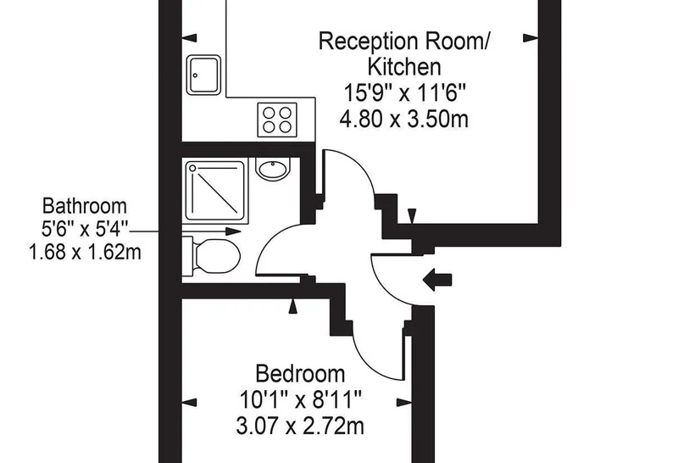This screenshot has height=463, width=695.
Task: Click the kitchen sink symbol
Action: click(x=203, y=75)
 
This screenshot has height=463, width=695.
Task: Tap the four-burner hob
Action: click(x=277, y=120)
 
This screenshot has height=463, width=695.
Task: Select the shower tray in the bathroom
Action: click(x=215, y=191)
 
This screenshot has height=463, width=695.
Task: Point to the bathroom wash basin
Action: click(x=273, y=169)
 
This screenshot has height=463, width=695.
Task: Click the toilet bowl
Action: click(x=218, y=257)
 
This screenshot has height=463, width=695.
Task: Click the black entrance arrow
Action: click(x=437, y=280)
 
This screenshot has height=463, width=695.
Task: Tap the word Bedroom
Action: click(x=300, y=373)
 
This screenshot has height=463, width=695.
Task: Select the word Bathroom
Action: click(x=84, y=206)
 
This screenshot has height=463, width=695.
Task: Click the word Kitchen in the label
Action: click(x=404, y=67)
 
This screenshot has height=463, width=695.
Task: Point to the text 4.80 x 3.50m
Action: click(x=403, y=120)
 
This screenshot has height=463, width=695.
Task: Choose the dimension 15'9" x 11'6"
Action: click(x=405, y=93)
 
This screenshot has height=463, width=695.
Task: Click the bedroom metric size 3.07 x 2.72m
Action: click(x=300, y=427)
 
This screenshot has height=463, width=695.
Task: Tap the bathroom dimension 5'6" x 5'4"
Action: click(x=84, y=229)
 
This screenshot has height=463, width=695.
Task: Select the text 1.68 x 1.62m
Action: click(x=85, y=253)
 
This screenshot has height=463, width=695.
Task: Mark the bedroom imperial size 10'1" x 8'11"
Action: click(x=301, y=400)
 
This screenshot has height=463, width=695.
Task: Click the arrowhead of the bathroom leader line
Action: click(x=234, y=231)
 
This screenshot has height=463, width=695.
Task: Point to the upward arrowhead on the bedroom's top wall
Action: click(x=292, y=306)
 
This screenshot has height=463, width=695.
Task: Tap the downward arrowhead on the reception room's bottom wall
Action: click(x=412, y=216)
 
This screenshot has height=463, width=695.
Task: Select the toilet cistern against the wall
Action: click(x=187, y=257)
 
